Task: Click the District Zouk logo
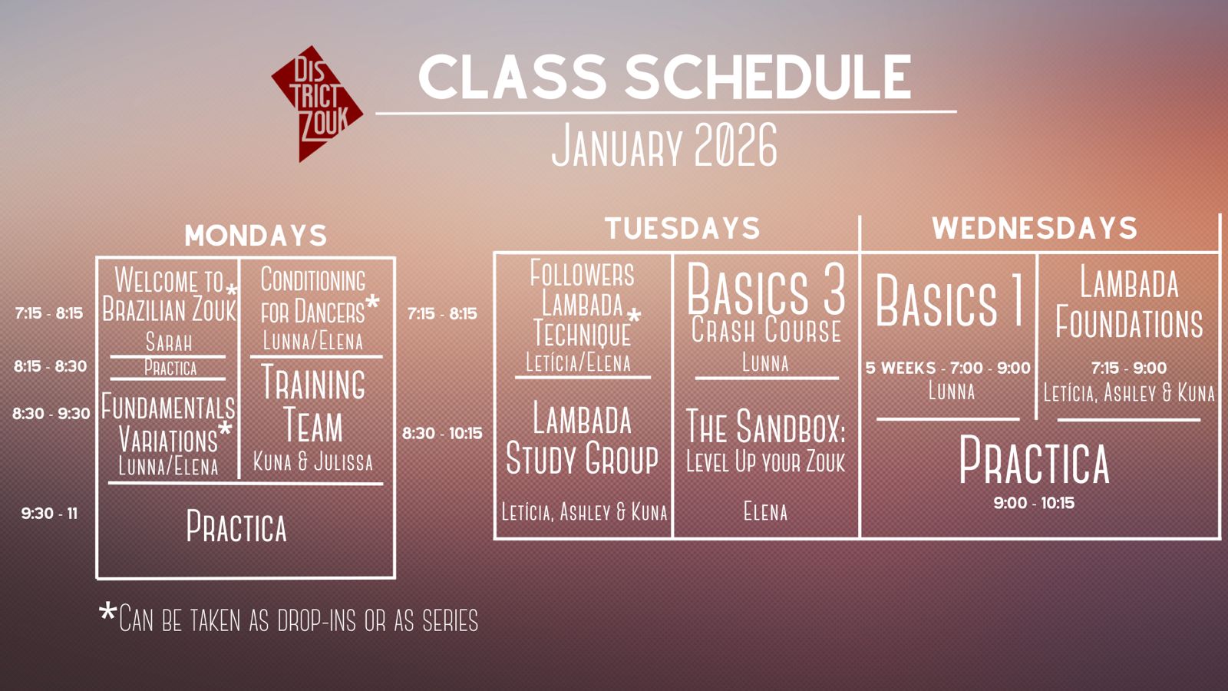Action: [317, 104]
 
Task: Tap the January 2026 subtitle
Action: [665, 145]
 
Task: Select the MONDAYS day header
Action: [256, 235]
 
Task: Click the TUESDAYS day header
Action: [682, 228]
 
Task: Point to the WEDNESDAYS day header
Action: [1035, 228]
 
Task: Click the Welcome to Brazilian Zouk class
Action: [170, 295]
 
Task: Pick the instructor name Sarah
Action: [169, 342]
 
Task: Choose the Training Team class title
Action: [313, 403]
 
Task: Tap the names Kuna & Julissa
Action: [313, 461]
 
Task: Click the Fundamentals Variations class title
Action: [168, 423]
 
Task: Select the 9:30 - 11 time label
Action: [49, 514]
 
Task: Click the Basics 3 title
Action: [766, 290]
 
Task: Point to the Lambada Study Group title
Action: [582, 438]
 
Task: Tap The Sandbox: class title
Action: [766, 426]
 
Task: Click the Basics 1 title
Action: [949, 300]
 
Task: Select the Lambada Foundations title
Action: [1129, 303]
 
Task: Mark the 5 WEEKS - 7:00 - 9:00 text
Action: [948, 368]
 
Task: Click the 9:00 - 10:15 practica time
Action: [1034, 503]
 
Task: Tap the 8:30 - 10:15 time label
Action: [442, 433]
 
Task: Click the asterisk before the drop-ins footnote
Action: [108, 611]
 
